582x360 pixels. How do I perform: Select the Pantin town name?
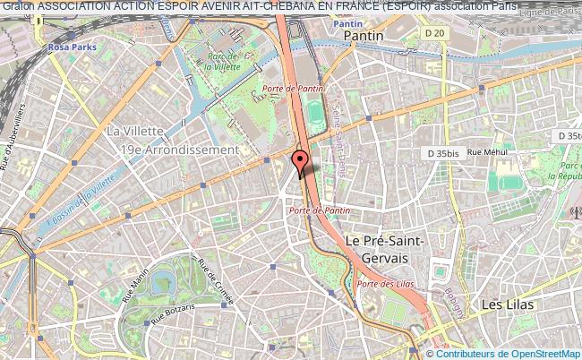point(364,35)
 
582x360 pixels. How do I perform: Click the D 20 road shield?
point(435,33)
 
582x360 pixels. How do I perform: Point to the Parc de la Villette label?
point(219,59)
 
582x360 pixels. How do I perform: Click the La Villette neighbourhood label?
point(135,131)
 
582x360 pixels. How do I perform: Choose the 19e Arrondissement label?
point(173,150)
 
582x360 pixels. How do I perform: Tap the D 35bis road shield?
point(442,153)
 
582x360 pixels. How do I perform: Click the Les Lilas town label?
point(508,304)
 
